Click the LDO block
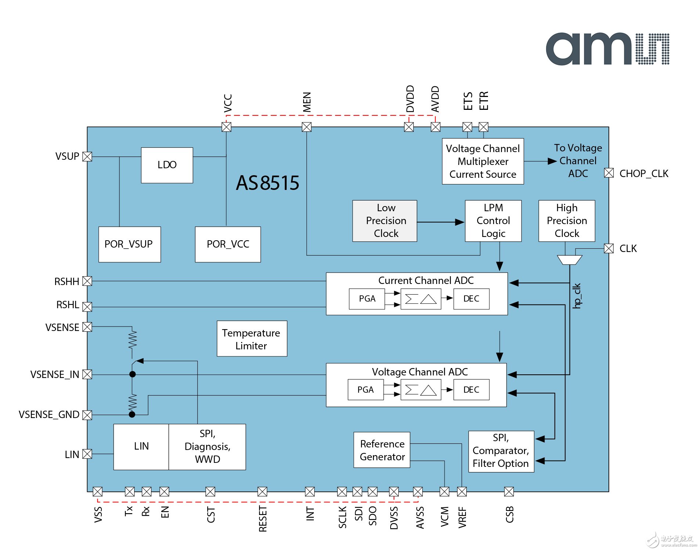pyautogui.click(x=167, y=165)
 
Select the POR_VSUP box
pyautogui.click(x=129, y=244)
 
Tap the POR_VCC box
pyautogui.click(x=228, y=244)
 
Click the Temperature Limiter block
pyautogui.click(x=252, y=339)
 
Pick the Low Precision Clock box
pyautogui.click(x=385, y=221)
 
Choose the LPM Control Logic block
pyautogui.click(x=493, y=221)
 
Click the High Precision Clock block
pyautogui.click(x=567, y=221)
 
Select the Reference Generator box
pyautogui.click(x=382, y=450)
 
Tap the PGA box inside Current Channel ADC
pyautogui.click(x=367, y=299)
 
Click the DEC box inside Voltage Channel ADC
pyautogui.click(x=471, y=390)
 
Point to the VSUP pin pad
pyautogui.click(x=87, y=156)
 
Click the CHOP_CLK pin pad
pyautogui.click(x=609, y=173)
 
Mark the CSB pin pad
pyautogui.click(x=509, y=491)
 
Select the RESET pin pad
pyautogui.click(x=262, y=491)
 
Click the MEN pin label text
pyautogui.click(x=307, y=102)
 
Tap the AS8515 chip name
pyautogui.click(x=268, y=183)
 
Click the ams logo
pyautogui.click(x=607, y=49)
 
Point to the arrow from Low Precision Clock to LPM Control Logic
pyautogui.click(x=441, y=222)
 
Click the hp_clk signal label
pyautogui.click(x=577, y=296)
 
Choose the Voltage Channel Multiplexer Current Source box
pyautogui.click(x=483, y=161)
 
